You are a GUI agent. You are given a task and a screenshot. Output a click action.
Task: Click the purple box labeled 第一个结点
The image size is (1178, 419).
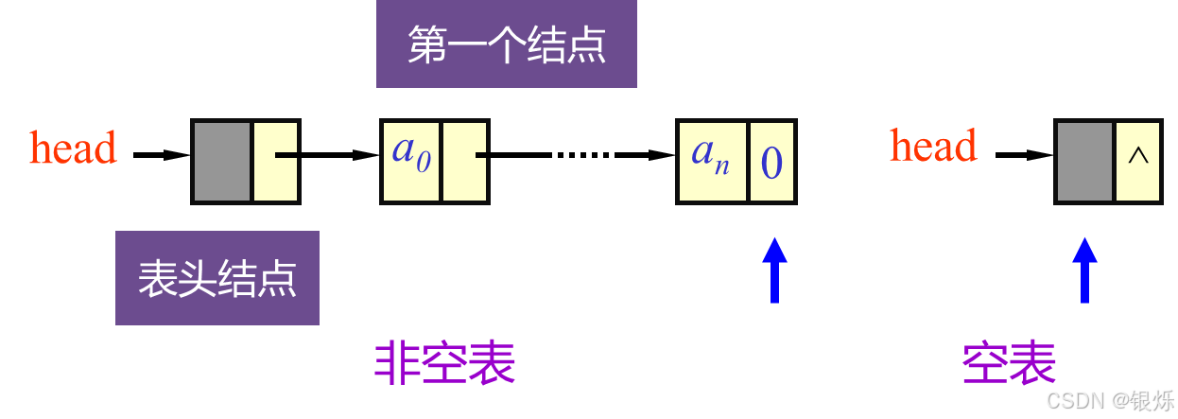point(506,44)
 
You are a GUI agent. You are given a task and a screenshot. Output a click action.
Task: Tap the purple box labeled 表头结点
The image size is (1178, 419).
point(217,278)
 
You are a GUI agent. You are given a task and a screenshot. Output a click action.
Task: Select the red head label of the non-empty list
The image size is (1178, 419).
point(74,148)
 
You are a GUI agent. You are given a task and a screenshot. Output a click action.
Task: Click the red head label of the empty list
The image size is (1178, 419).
point(933,146)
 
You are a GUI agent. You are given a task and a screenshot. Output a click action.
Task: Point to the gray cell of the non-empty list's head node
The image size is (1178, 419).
point(222,161)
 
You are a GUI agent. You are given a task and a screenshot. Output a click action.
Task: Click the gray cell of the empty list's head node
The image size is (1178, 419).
point(1083,161)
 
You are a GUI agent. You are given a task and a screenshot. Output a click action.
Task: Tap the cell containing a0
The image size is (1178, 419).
point(411,161)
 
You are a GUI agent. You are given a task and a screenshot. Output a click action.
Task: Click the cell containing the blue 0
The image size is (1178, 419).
point(771,161)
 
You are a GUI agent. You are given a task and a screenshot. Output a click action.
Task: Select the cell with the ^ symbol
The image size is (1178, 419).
point(1137,161)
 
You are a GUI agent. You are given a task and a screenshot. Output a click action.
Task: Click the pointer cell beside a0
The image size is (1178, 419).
point(464,161)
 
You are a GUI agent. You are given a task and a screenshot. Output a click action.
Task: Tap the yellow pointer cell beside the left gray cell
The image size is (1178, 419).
point(275,161)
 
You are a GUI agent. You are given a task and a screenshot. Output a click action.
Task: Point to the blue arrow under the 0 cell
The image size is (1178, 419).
point(774,270)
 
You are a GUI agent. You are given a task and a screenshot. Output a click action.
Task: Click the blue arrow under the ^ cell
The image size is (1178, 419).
point(1084,270)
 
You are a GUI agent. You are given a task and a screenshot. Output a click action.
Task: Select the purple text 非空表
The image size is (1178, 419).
point(444,362)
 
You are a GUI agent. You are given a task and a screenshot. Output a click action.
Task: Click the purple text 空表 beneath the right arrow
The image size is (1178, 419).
point(1009,362)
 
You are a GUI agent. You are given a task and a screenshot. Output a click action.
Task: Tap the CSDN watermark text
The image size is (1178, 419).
point(1076,400)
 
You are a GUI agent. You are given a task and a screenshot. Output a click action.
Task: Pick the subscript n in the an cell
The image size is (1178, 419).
point(721,167)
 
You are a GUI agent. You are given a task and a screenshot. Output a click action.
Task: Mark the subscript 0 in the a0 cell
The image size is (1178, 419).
point(424,164)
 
